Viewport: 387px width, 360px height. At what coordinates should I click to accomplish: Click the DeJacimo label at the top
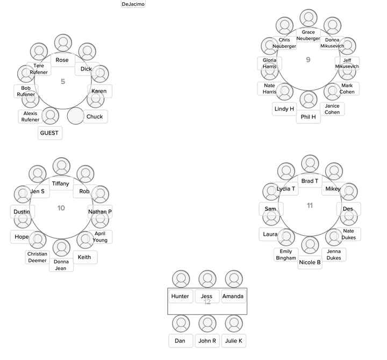[133, 4]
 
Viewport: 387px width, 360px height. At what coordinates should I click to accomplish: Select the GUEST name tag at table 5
[50, 133]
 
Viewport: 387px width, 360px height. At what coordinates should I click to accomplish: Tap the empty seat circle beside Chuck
[76, 116]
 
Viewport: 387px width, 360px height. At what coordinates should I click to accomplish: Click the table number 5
[63, 82]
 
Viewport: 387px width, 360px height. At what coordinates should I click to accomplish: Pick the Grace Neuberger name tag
[309, 36]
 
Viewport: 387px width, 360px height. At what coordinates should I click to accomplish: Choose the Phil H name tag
[309, 117]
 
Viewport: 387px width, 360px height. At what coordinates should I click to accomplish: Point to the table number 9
[308, 60]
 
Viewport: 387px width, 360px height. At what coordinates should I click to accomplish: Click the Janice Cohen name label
[333, 109]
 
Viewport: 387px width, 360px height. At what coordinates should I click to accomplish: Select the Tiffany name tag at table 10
[61, 184]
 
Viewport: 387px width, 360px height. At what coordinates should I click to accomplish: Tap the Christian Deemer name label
[38, 257]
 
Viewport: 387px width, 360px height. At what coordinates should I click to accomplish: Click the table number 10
[61, 208]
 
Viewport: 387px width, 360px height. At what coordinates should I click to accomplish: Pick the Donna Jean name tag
[61, 265]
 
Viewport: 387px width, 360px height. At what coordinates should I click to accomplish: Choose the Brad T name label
[310, 181]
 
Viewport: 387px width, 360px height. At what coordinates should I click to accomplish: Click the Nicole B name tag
[310, 263]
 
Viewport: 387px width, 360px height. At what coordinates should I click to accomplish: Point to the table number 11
[310, 206]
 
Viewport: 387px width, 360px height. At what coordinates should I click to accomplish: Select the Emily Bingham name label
[286, 255]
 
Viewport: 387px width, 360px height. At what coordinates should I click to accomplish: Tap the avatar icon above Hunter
[181, 279]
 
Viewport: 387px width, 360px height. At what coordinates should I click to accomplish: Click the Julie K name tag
[234, 341]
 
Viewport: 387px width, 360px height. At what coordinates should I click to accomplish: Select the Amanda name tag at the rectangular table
[233, 297]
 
